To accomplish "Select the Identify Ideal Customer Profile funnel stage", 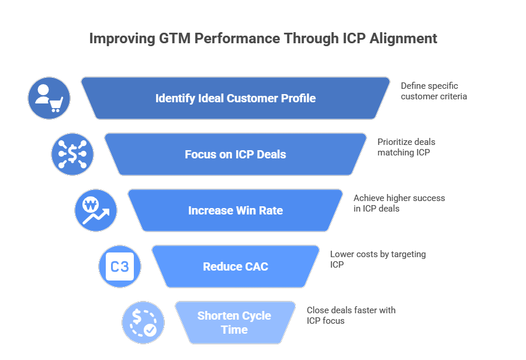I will point(236,98).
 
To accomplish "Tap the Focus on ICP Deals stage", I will point(236,154).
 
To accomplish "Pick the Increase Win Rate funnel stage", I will point(236,210).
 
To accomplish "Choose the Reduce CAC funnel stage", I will point(236,266).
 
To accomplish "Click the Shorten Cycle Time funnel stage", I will point(234,323).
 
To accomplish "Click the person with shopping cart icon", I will point(49,98).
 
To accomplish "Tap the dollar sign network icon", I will point(72,154).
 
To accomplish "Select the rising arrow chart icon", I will point(96,210).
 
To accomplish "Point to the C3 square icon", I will point(119,266).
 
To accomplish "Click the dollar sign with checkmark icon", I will point(143,323).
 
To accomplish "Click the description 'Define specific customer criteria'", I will point(434,91).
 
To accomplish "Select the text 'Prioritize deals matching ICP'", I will point(406,147).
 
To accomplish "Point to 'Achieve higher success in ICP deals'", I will point(399,203).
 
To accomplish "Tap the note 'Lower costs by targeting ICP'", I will point(378,259).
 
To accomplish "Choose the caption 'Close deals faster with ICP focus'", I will point(351,316).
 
